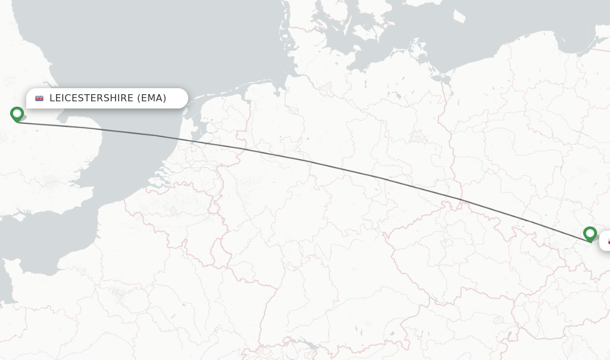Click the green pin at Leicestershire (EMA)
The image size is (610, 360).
[17, 113]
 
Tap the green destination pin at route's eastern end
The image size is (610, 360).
[590, 233]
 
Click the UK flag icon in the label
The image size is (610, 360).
[39, 98]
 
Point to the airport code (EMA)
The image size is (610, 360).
[152, 98]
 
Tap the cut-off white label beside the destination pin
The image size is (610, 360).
[605, 241]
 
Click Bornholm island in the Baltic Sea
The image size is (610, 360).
[464, 17]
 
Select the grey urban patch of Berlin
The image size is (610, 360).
[416, 137]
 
